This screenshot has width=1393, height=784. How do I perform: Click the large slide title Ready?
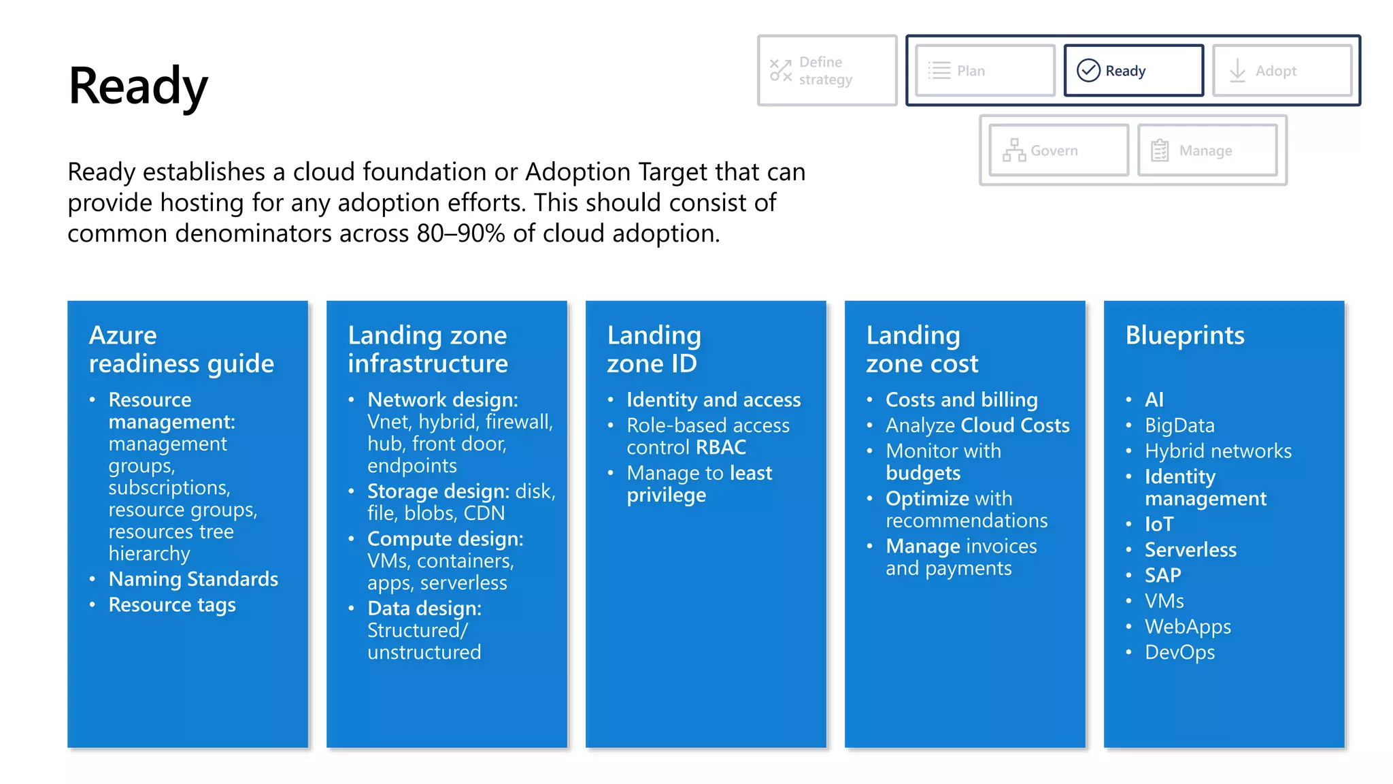[x=138, y=86]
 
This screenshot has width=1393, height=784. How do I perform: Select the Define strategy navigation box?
[x=826, y=71]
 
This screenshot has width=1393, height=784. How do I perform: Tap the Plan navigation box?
[x=984, y=71]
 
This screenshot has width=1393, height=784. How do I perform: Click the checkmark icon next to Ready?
[x=1088, y=70]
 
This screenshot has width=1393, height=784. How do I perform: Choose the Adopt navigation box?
[x=1281, y=71]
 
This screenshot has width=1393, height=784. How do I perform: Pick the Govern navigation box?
[x=1058, y=150]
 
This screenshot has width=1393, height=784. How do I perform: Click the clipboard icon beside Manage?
[x=1160, y=150]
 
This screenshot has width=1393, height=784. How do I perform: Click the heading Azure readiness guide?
[x=181, y=349]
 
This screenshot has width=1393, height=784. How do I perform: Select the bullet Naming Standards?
[x=193, y=579]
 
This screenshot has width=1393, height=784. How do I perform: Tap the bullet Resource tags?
[x=172, y=605]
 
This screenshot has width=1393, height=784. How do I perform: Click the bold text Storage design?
[x=438, y=491]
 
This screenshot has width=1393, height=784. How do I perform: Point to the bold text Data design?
[x=424, y=608]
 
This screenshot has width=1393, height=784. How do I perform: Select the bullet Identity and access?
[x=714, y=400]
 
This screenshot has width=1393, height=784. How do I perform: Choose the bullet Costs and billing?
[x=961, y=400]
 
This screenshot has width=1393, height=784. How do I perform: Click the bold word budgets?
[x=923, y=474]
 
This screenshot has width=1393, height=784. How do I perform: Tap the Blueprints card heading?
[x=1184, y=336]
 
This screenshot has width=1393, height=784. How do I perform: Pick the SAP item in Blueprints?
[x=1162, y=576]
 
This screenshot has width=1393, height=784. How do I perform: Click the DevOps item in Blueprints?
[x=1179, y=653]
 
